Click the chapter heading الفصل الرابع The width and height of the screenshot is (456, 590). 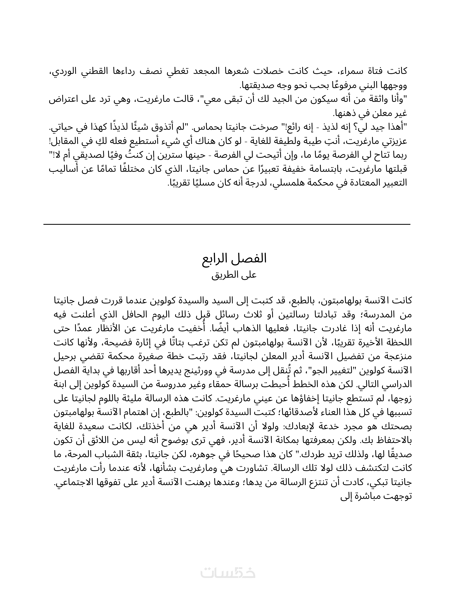(x=235, y=259)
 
